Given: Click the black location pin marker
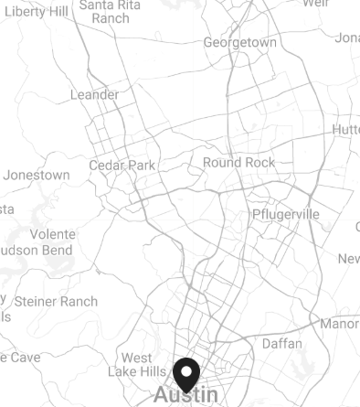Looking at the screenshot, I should coord(186,375).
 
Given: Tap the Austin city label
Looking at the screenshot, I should coord(186,395).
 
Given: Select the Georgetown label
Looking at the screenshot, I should coord(239,43).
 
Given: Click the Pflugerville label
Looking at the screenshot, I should coord(286,214).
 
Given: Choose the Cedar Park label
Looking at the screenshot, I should coord(122,166).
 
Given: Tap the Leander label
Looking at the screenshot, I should coord(94,95).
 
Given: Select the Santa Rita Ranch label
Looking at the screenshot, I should coord(111,12).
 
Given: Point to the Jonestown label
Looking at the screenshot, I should coord(37,175).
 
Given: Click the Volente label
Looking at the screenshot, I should coord(52,234).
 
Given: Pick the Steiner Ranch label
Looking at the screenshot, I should coord(56,301).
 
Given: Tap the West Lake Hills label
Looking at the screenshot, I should coord(137,364).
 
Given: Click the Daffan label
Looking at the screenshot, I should coord(282,344).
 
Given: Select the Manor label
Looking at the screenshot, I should coord(340,324).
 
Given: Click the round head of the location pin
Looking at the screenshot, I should coord(186,370).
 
